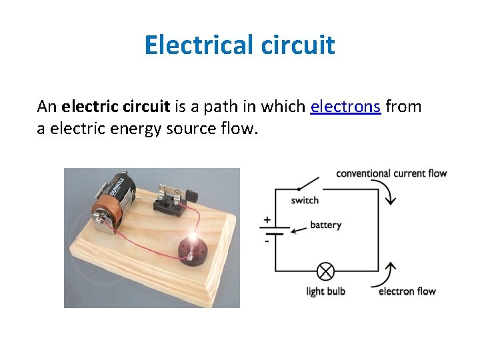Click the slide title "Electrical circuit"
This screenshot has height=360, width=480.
pyautogui.click(x=239, y=45)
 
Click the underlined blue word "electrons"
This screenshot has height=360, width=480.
pyautogui.click(x=345, y=107)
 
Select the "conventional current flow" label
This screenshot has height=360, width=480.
pyautogui.click(x=391, y=174)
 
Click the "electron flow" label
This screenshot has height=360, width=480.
pyautogui.click(x=407, y=291)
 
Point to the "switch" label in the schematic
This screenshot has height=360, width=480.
pyautogui.click(x=305, y=200)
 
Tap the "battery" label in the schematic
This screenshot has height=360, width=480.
pyautogui.click(x=325, y=225)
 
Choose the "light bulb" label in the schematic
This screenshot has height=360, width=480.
pyautogui.click(x=325, y=291)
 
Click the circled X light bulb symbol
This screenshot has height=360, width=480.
pyautogui.click(x=325, y=271)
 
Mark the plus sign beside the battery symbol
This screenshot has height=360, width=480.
pyautogui.click(x=267, y=219)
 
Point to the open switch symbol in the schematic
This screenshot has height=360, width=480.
pyautogui.click(x=308, y=184)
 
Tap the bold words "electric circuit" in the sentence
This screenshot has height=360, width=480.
pyautogui.click(x=116, y=107)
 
